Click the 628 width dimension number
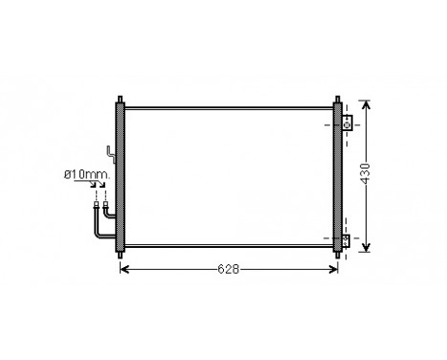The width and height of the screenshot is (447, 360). [x=227, y=269]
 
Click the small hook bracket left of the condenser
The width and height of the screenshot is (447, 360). [x=111, y=153]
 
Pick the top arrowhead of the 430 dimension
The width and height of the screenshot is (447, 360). [x=367, y=103]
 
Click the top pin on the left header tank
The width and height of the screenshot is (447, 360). [x=120, y=99]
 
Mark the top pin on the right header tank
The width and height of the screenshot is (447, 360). [x=336, y=99]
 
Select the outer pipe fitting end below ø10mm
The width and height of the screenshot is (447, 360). [x=96, y=202]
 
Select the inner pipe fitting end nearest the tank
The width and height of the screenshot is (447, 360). [x=103, y=202]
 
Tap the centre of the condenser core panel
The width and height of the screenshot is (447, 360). [x=228, y=176]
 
